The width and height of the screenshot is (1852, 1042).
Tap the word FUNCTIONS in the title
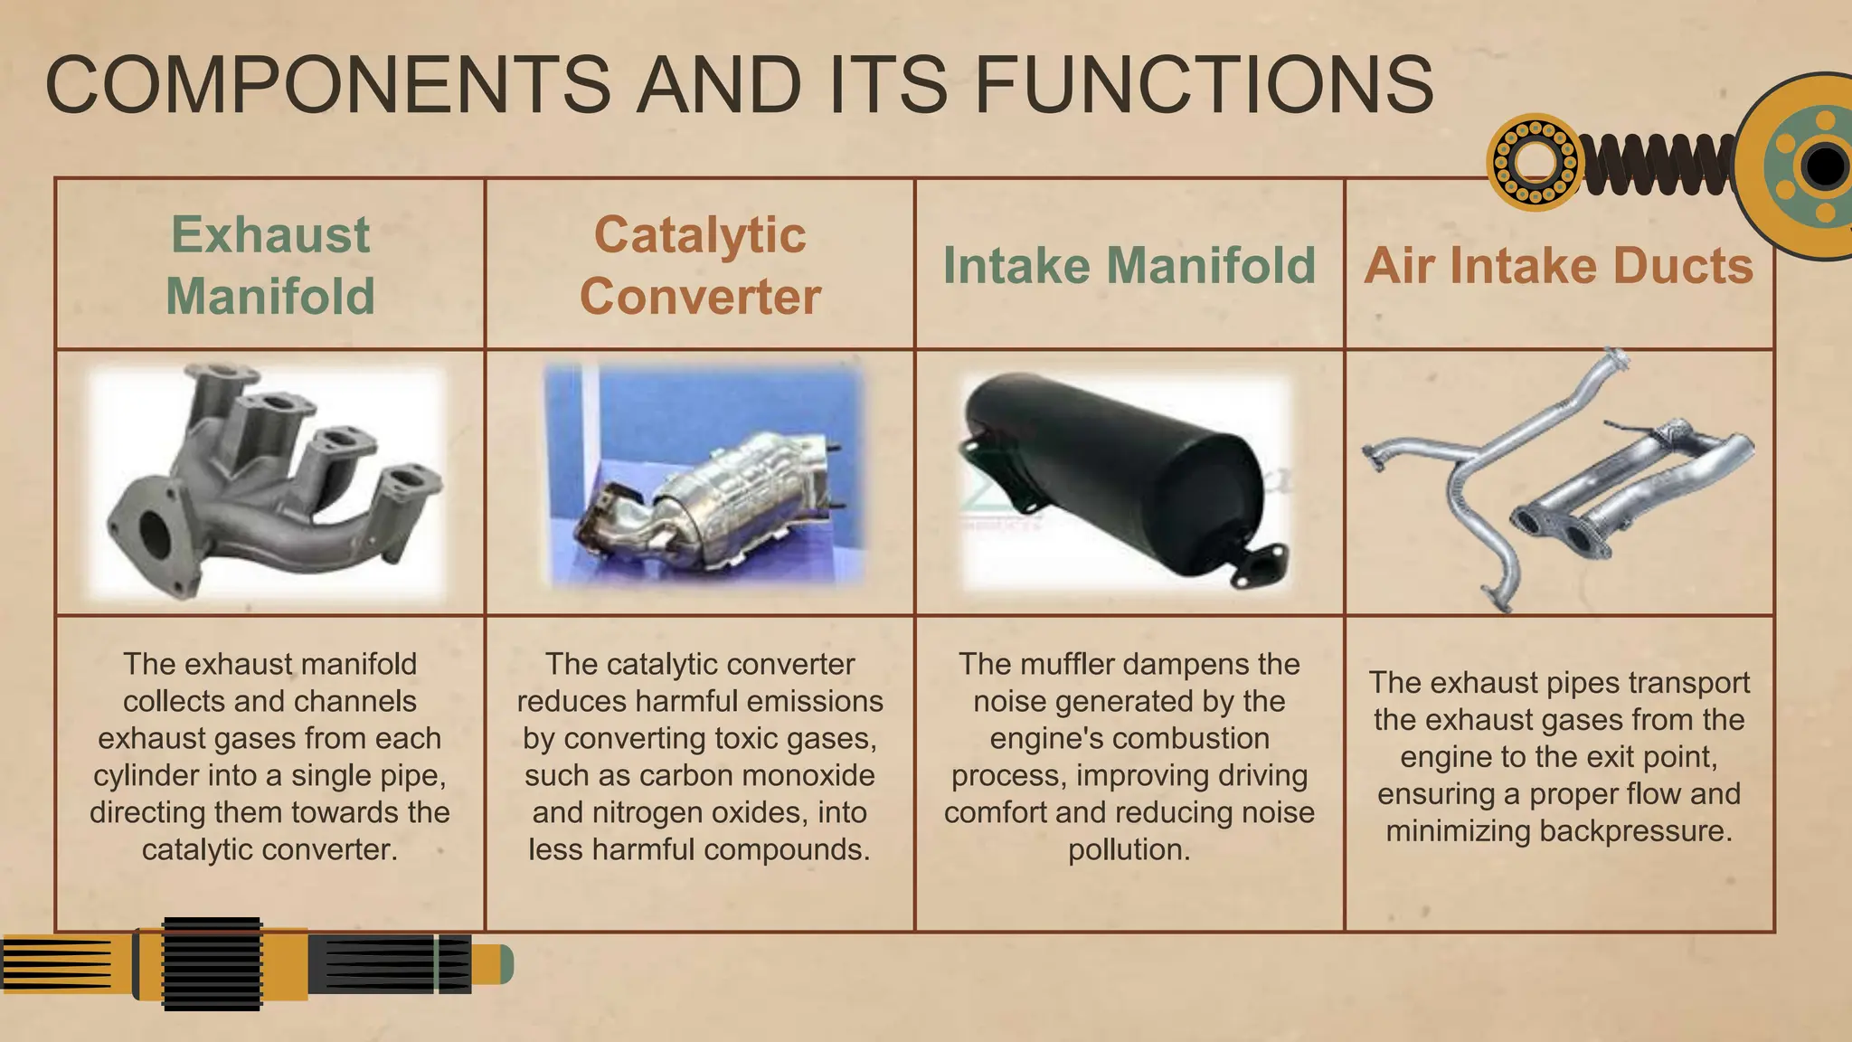[x=1204, y=84]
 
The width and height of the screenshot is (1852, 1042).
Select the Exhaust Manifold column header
[x=270, y=265]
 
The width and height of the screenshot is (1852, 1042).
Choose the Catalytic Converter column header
[x=700, y=265]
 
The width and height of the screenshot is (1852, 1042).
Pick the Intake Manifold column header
[x=1129, y=266]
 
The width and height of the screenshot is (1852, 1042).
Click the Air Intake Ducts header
[x=1558, y=266]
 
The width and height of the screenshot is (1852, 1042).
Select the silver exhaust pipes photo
[x=1558, y=479]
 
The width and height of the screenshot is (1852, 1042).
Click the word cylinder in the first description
[x=146, y=776]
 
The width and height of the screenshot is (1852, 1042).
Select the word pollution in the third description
[x=1127, y=850]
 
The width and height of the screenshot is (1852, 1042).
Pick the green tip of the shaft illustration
[x=505, y=965]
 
